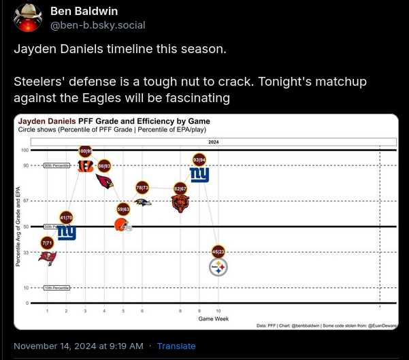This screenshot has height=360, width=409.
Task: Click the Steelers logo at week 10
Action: point(218,269)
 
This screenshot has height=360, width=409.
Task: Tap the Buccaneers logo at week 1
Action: point(47,257)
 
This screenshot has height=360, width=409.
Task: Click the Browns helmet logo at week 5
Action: point(123,225)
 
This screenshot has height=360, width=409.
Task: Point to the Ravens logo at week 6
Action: point(143,202)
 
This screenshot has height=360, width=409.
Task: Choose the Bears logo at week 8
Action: point(180,203)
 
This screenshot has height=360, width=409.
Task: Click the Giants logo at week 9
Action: point(199,175)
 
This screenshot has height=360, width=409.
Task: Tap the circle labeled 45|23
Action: point(218,251)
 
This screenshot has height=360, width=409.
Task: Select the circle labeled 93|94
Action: point(199,160)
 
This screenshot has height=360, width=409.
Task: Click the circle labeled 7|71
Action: point(47,242)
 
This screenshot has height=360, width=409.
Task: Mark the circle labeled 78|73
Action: point(143,187)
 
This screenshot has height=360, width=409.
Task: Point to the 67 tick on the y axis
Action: point(25,201)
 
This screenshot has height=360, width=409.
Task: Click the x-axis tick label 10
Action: point(218,310)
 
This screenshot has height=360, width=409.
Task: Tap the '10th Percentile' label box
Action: point(56,288)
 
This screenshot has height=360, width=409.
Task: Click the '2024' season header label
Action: point(214,142)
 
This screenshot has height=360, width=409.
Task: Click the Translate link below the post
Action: point(176,346)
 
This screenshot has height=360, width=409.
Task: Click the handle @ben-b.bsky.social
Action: point(97,25)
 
